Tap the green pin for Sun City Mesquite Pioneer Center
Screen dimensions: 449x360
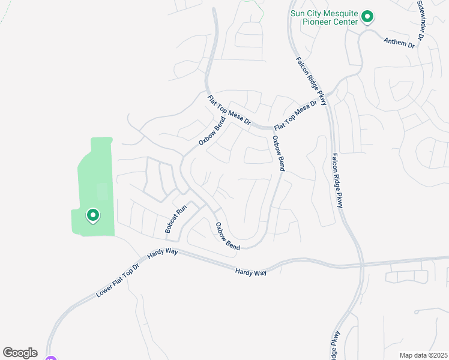368,17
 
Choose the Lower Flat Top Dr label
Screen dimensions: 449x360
118,280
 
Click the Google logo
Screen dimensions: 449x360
20,353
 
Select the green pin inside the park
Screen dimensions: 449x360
93,214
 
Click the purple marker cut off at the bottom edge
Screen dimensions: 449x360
51,358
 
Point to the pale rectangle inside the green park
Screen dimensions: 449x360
102,192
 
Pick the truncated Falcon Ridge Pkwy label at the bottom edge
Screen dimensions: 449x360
334,344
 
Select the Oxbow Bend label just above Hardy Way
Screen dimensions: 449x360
228,236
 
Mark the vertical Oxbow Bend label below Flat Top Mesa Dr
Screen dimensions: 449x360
277,154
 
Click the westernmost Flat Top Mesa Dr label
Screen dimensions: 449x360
229,110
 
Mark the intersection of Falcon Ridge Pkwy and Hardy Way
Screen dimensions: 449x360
362,264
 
